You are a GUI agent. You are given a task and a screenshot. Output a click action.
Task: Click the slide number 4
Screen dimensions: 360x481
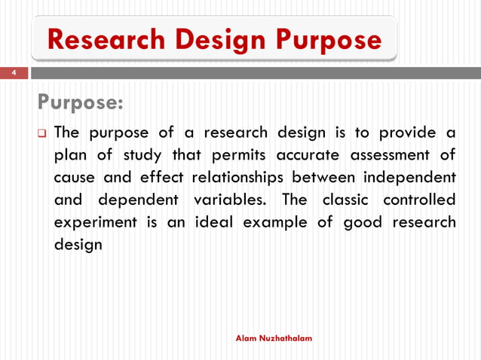(13, 73)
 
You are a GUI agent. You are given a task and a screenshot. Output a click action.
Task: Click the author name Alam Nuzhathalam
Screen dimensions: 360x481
(274, 339)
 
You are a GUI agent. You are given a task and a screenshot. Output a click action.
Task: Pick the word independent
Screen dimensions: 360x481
(410, 178)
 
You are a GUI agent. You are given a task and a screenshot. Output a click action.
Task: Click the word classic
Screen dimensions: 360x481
(346, 201)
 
